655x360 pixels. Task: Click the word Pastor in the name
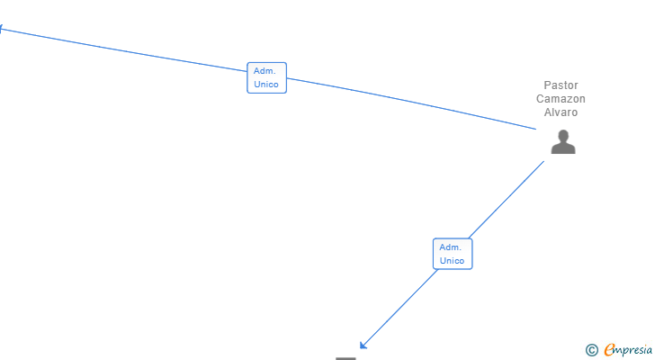(x=561, y=85)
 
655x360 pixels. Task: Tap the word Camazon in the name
(x=561, y=99)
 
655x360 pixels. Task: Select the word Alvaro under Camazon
(x=561, y=112)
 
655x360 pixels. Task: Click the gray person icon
(x=563, y=142)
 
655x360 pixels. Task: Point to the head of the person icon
(x=563, y=136)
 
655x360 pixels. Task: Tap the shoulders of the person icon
(x=563, y=148)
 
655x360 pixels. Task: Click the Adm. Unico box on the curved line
(x=266, y=77)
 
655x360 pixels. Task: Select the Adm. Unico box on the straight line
(x=452, y=254)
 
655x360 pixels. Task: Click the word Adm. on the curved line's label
(x=265, y=70)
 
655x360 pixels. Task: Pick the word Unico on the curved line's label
(x=266, y=85)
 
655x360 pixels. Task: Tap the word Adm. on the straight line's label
(x=450, y=247)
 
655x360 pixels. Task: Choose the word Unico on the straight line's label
(x=452, y=261)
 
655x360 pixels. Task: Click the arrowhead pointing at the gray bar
(x=363, y=346)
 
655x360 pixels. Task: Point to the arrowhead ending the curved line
(x=3, y=28)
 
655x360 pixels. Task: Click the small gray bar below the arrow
(x=346, y=357)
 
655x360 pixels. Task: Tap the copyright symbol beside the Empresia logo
(x=591, y=350)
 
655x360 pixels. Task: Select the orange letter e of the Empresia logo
(x=609, y=350)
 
